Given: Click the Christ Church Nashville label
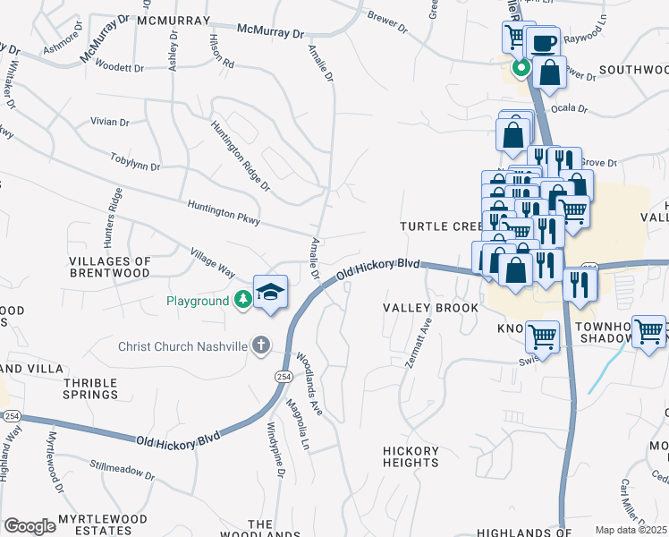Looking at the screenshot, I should click(x=183, y=346).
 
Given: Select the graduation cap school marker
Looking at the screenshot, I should click(x=270, y=292).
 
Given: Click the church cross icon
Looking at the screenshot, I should click(x=261, y=345).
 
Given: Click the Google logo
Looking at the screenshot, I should click(x=30, y=525).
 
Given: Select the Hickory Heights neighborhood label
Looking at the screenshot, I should click(x=411, y=456).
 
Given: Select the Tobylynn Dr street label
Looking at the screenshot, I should click(x=135, y=166).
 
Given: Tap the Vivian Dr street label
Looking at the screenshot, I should click(x=109, y=122).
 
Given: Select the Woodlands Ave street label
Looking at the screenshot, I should click(x=308, y=381).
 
